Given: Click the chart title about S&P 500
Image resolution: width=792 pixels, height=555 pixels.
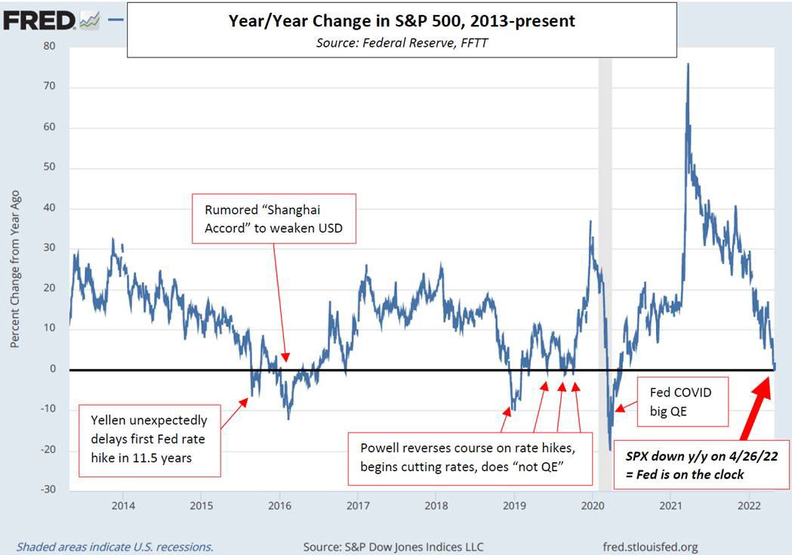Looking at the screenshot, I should (402, 21).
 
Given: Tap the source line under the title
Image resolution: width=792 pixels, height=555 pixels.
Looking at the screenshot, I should (402, 43).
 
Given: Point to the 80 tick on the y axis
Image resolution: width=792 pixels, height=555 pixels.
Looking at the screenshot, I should (50, 46).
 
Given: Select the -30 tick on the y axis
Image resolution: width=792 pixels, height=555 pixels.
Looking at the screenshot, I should (48, 490).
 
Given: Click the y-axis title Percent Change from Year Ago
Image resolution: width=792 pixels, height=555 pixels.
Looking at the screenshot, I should (15, 268).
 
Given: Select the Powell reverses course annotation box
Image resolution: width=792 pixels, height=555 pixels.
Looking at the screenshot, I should (468, 458).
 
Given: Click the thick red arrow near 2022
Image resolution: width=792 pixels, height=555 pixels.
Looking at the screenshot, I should (754, 409).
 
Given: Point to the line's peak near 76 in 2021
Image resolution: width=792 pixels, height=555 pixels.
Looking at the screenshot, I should (687, 64).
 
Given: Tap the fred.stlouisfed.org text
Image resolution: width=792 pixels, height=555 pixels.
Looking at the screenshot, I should (650, 546).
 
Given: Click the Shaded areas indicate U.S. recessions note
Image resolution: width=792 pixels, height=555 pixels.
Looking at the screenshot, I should (115, 546).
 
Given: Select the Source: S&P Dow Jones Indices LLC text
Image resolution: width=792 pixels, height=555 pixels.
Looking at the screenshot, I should (393, 546).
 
